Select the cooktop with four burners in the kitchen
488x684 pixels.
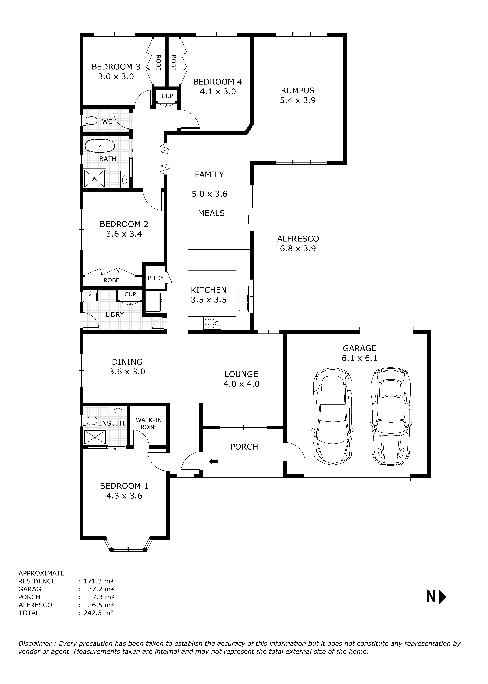212,323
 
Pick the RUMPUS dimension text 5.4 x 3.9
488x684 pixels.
298,100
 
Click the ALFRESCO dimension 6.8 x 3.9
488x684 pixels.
298,249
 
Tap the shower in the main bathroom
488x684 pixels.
95,178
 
